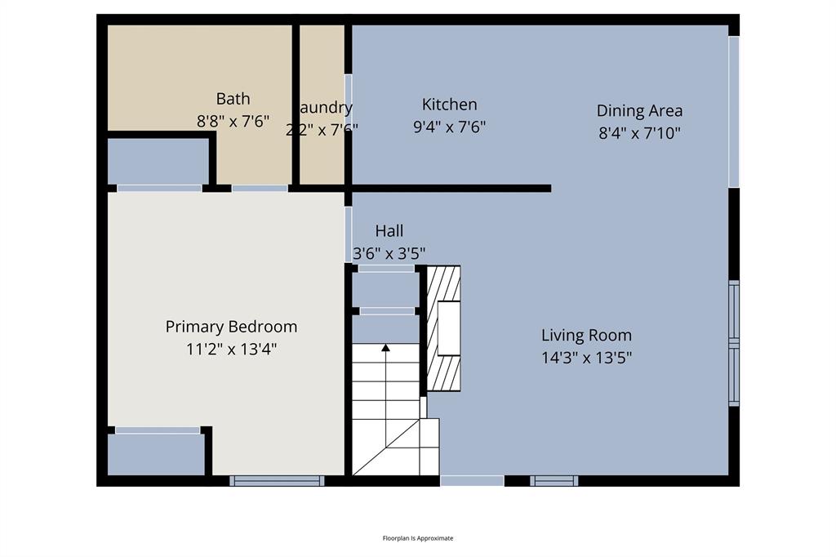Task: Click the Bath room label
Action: (x=233, y=99)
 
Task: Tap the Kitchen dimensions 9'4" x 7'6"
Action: (x=450, y=127)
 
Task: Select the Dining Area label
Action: (x=639, y=110)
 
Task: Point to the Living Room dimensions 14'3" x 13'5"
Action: (x=586, y=357)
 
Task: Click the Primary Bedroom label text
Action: (x=231, y=327)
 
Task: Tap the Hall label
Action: (x=389, y=231)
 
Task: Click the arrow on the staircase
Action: (x=386, y=349)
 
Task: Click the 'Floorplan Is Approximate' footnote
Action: (x=418, y=538)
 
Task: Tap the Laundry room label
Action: (x=323, y=107)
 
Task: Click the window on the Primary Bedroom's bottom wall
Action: (x=277, y=481)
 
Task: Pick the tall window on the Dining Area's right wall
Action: (x=733, y=111)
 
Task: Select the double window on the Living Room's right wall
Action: (x=733, y=343)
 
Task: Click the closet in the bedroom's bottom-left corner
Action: (x=156, y=454)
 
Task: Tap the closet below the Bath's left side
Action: (x=158, y=161)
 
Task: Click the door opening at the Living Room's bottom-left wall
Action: (x=472, y=481)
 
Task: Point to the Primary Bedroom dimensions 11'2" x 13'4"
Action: (x=231, y=350)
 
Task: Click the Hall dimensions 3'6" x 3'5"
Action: (x=389, y=252)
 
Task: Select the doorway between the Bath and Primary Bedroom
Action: (x=260, y=188)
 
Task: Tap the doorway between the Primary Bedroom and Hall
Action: (x=349, y=234)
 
